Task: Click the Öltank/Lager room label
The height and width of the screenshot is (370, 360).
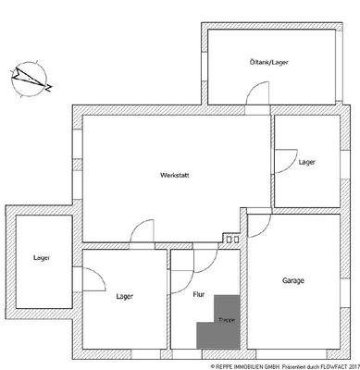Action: click(268, 63)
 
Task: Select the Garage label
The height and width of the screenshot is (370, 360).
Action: click(294, 280)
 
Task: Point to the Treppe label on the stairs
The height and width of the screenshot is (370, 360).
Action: click(225, 319)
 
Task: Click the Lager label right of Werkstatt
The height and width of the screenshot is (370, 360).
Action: click(306, 161)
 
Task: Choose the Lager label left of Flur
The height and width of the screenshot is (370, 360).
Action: click(125, 297)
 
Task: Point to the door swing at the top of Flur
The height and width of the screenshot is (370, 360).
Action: click(196, 265)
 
